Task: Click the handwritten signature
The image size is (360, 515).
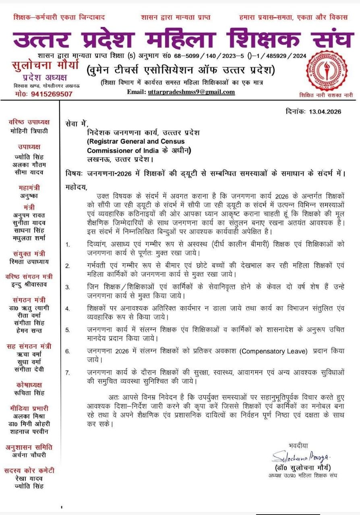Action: point(296,457)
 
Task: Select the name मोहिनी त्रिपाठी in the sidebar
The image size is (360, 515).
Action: point(28,130)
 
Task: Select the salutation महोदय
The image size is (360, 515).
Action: point(76,187)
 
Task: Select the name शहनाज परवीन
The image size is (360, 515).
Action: point(28,431)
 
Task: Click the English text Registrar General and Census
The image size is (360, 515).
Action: point(136,142)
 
